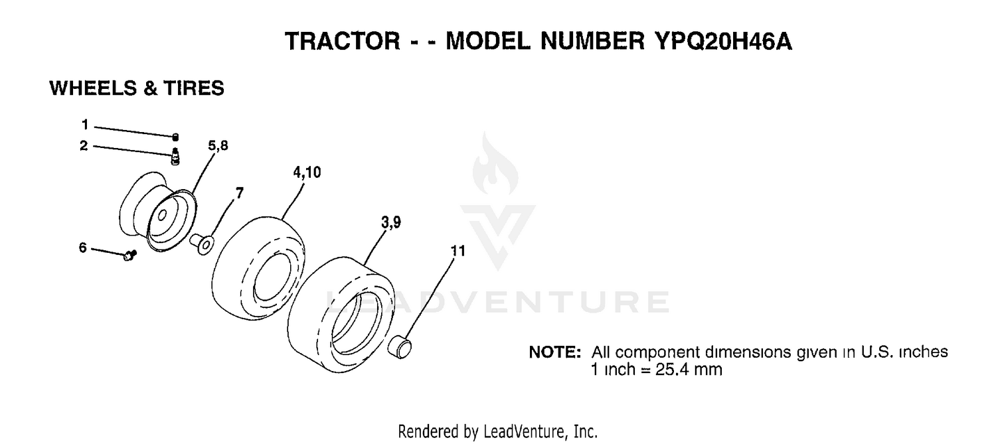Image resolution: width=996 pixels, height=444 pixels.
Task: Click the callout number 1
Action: tap(85, 125)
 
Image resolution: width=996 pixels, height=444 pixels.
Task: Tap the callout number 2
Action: tap(84, 146)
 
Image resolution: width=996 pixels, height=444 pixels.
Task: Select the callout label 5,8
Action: tap(218, 146)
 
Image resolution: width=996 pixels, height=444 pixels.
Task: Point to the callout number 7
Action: tap(240, 193)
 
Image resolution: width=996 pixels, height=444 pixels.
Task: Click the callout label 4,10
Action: tap(307, 173)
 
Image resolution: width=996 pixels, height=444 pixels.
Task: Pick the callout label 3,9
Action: tap(391, 222)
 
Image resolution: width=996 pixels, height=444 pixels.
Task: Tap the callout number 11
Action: tap(458, 251)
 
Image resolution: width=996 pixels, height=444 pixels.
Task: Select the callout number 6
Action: tap(83, 248)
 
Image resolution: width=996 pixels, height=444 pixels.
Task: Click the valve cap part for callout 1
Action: tap(175, 137)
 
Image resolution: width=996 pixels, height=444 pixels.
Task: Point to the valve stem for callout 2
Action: tap(175, 157)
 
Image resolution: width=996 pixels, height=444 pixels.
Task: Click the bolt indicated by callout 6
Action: tap(130, 255)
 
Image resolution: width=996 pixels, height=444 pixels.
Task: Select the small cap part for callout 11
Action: tap(400, 348)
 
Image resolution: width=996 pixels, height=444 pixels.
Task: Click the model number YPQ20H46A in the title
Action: tap(723, 41)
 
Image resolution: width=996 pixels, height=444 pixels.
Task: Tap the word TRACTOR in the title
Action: tap(343, 41)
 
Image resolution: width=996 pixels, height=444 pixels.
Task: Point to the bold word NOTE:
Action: tap(555, 352)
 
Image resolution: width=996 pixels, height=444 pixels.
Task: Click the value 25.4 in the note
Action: tap(670, 370)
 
